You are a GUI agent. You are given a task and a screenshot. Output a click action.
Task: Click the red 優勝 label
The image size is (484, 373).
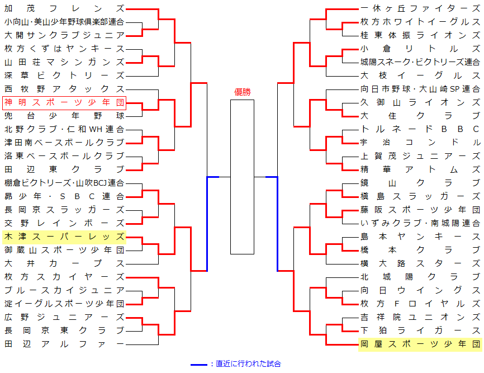[x=242, y=92]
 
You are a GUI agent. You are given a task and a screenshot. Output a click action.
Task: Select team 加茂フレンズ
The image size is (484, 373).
[x=64, y=8]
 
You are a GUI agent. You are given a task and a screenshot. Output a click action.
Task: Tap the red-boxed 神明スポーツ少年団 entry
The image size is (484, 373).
[x=64, y=102]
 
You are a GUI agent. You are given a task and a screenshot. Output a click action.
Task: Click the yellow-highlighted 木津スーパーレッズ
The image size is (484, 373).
[x=64, y=237]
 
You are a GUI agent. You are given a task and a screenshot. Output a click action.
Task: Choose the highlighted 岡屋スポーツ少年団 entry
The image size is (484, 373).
[x=420, y=344]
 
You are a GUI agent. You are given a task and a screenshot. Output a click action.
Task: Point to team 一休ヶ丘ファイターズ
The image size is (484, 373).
[x=420, y=8]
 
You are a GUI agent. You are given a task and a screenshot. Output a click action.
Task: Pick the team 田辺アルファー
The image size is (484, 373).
[x=64, y=344]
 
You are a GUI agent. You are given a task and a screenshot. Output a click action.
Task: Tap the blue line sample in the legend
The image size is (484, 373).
[x=199, y=365]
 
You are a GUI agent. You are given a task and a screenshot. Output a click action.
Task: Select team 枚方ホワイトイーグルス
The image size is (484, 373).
[x=420, y=22]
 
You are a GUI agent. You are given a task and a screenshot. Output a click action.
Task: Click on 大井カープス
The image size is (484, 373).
[x=64, y=263]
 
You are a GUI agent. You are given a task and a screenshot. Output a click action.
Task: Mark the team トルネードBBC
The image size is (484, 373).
[x=420, y=129]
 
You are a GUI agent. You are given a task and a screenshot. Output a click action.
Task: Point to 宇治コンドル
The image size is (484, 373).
[x=420, y=143]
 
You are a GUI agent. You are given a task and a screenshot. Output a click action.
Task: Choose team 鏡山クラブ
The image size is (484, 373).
[x=420, y=183]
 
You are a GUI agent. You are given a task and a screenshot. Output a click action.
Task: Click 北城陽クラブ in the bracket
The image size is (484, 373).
[x=420, y=277]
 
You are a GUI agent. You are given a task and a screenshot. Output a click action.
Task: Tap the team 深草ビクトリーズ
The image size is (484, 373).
[x=64, y=75]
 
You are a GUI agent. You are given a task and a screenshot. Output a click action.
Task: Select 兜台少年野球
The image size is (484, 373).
[x=64, y=116]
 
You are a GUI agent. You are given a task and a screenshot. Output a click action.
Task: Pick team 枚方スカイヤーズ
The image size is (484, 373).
[x=64, y=277]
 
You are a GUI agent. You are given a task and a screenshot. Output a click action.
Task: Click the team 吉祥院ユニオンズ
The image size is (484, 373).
[x=420, y=317]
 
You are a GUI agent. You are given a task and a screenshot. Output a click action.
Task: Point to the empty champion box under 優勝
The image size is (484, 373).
[x=242, y=176]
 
